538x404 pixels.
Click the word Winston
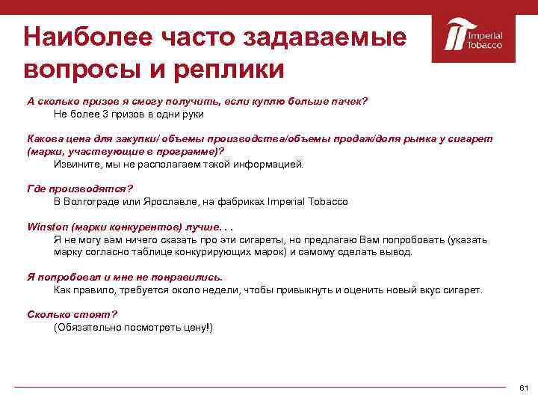[46, 227]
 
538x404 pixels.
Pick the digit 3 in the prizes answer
[106, 114]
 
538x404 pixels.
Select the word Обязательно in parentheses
[87, 328]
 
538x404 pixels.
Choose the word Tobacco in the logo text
[485, 45]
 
